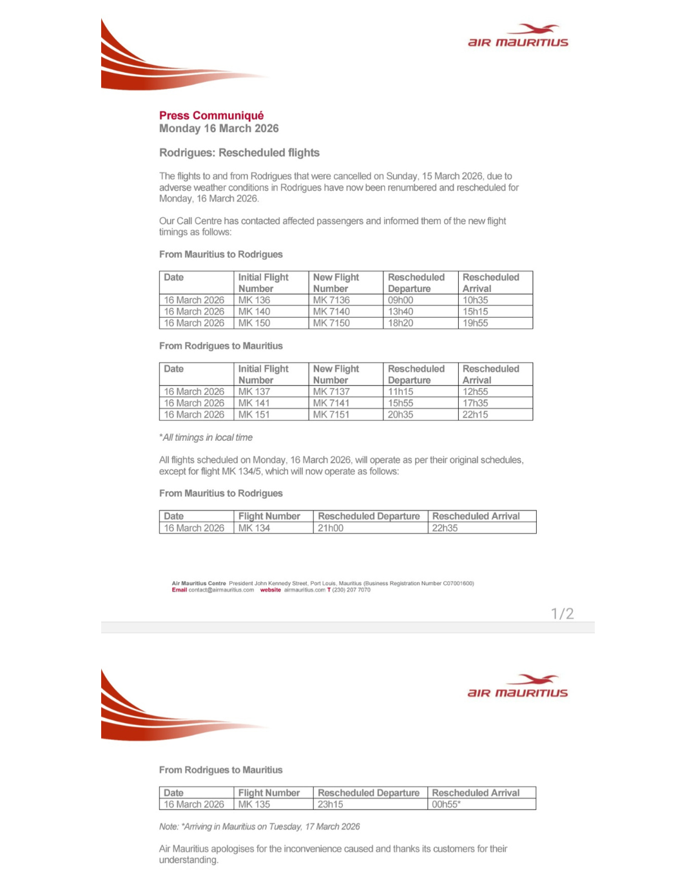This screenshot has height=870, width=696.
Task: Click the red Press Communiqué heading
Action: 211,115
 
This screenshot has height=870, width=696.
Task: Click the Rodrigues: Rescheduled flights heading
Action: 239,153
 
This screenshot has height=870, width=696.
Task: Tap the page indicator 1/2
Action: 562,614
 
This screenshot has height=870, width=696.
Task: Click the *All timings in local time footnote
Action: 206,438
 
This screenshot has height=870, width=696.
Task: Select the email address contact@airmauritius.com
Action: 220,590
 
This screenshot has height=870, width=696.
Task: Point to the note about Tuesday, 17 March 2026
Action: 259,827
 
